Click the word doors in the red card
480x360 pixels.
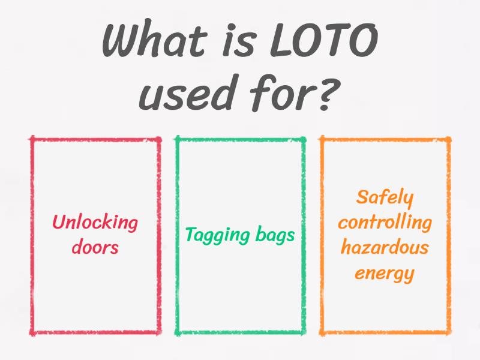95,247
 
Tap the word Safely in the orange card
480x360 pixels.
385,197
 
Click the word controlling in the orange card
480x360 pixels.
385,223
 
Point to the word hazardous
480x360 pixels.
385,248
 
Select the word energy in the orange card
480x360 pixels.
385,274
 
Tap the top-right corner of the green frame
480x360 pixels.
304,139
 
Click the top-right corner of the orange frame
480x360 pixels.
449,139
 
